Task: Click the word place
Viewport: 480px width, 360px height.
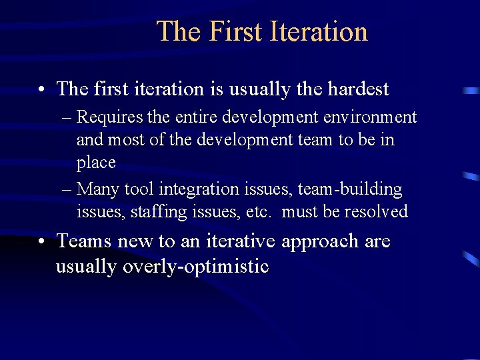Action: pos(96,163)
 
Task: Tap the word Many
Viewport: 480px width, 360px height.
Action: pos(98,189)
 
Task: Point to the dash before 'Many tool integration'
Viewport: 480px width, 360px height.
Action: pos(65,190)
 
